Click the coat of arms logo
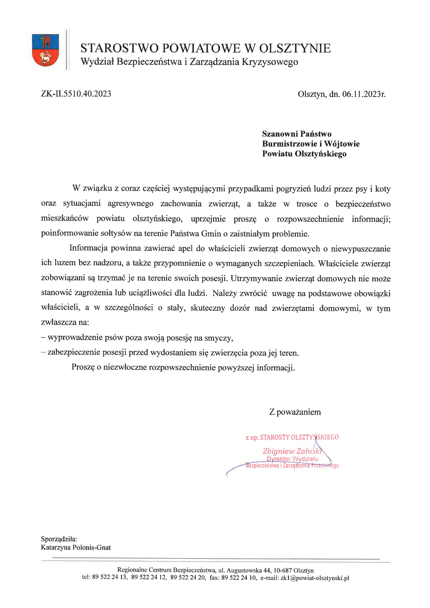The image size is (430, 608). pos(45,50)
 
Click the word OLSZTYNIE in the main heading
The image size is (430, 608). pos(295,48)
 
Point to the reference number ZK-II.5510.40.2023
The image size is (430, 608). pos(76,94)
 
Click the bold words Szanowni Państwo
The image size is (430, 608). pos(297,134)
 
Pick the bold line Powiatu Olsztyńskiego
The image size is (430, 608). pos(304,154)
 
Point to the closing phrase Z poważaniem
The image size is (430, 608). pos(295,412)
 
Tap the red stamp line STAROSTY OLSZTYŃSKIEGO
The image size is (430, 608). pos(299,437)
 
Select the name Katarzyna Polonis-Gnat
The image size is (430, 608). pos(76,547)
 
